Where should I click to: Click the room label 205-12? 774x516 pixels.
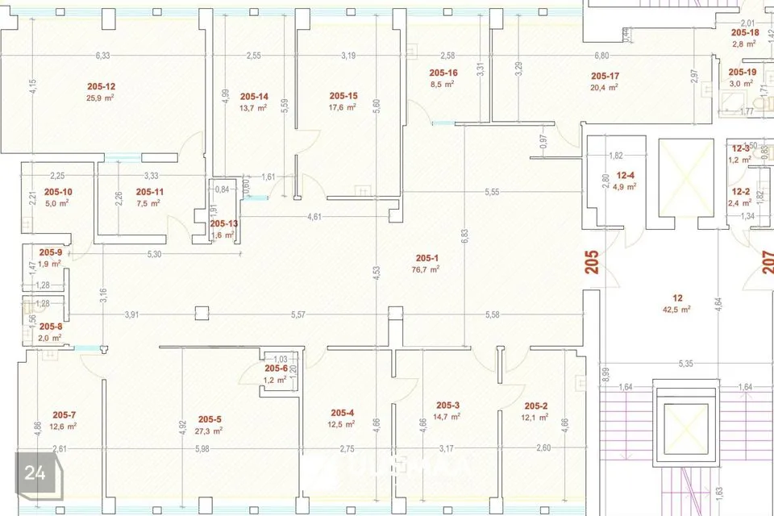[101, 85]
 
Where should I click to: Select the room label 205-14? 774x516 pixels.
[253, 95]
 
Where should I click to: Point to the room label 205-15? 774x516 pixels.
[343, 95]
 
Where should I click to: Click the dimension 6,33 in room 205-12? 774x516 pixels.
[102, 56]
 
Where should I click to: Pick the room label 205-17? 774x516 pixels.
[604, 76]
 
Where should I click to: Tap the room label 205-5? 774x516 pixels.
[209, 419]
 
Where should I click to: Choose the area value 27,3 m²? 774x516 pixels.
[209, 431]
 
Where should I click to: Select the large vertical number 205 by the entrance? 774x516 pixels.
[592, 263]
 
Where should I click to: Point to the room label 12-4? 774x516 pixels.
[626, 175]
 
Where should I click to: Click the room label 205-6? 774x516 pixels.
[276, 368]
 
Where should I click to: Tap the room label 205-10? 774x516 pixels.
[58, 192]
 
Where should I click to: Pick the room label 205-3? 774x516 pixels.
[447, 406]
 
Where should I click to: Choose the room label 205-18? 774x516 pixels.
[745, 33]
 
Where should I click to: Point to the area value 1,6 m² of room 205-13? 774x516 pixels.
[223, 235]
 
